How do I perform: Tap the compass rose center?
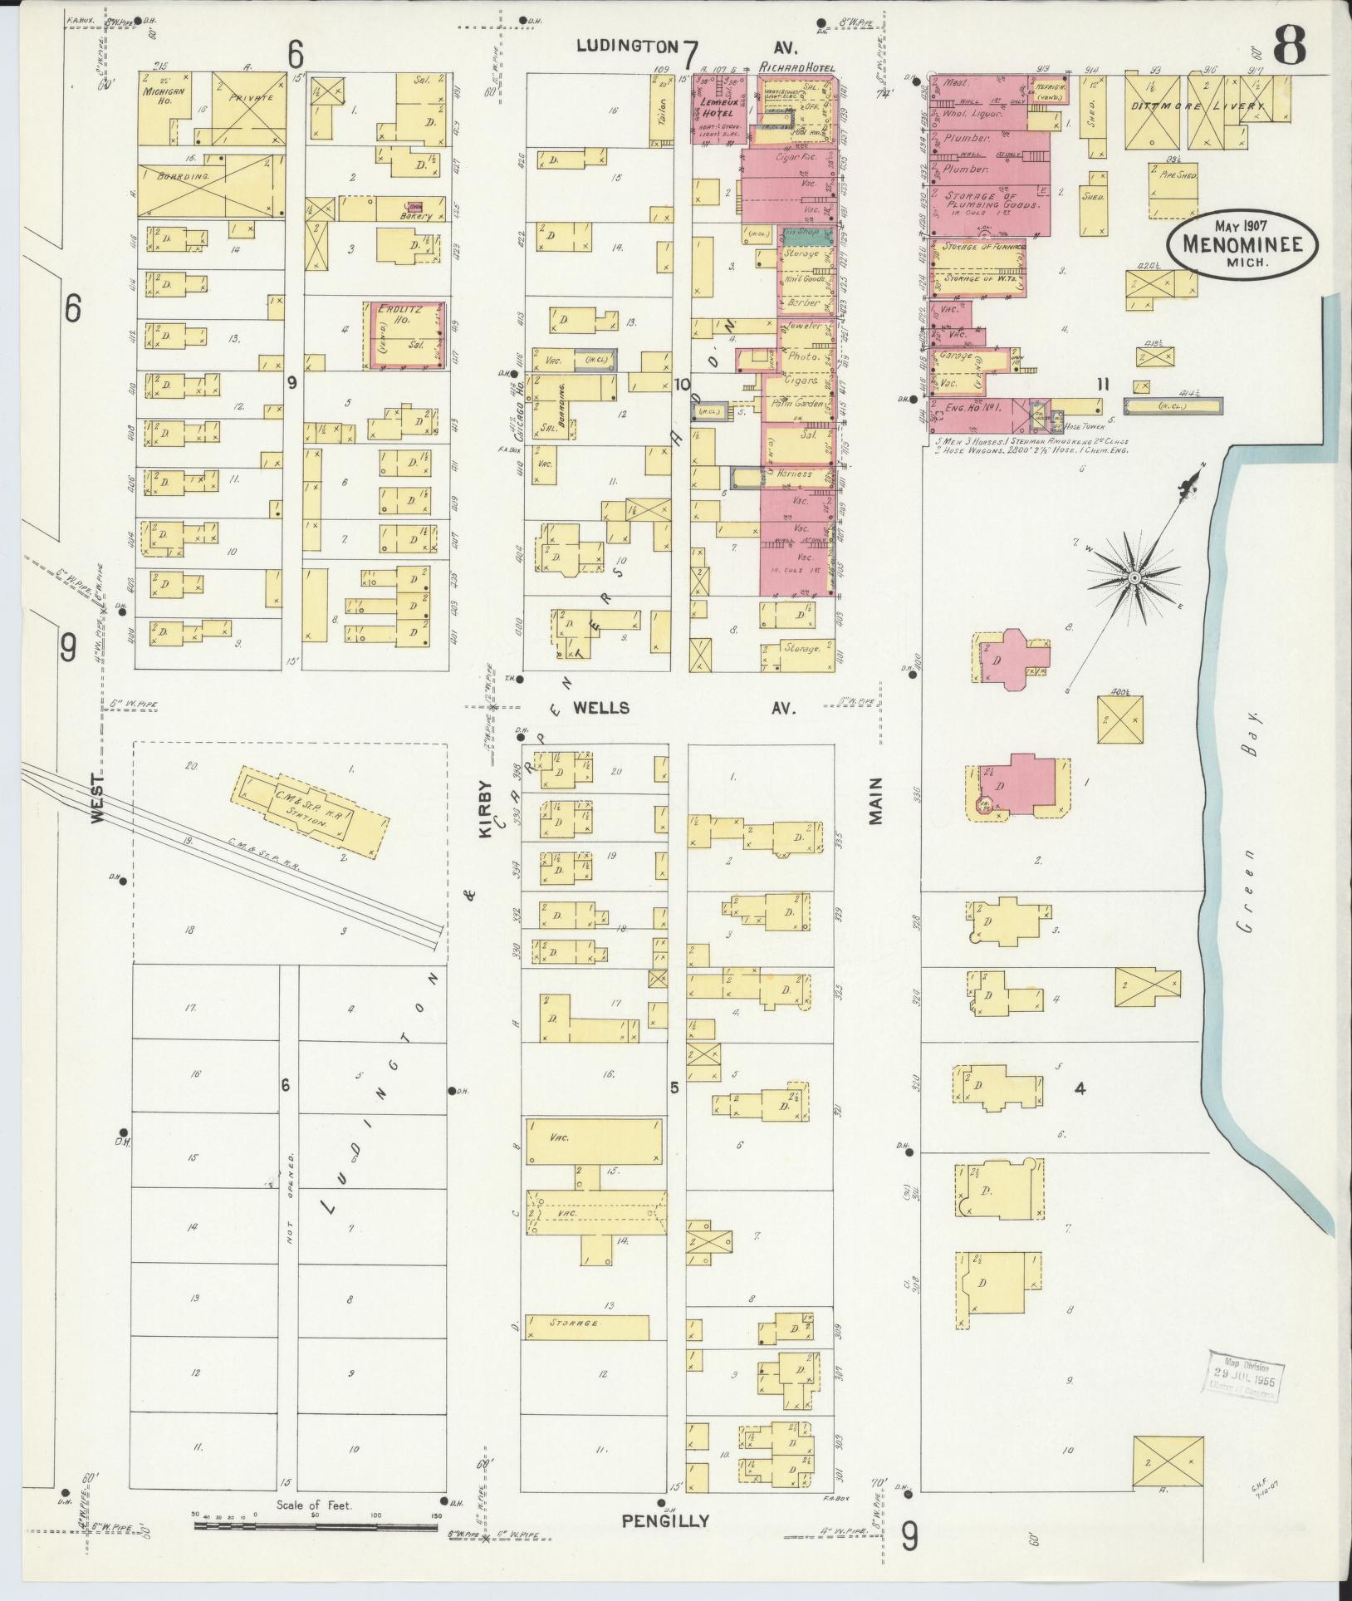tap(1133, 577)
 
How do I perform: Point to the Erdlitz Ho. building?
tap(406, 335)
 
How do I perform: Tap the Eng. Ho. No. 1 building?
tap(972, 408)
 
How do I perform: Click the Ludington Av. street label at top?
tap(638, 47)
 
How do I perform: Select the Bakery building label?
tap(415, 216)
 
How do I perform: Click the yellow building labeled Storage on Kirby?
tap(586, 1327)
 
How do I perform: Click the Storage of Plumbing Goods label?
tap(989, 200)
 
